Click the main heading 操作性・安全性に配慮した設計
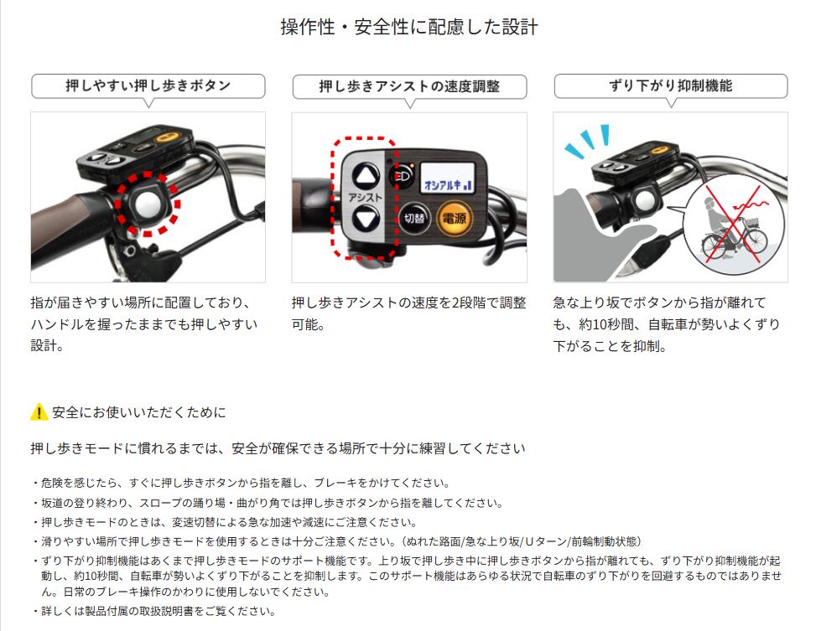pos(408,28)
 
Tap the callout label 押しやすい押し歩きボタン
pos(148,85)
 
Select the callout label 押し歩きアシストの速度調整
pos(409,86)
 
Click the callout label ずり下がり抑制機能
pos(670,85)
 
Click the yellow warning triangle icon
pos(39,412)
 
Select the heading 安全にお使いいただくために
pos(138,412)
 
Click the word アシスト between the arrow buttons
pos(365,198)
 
